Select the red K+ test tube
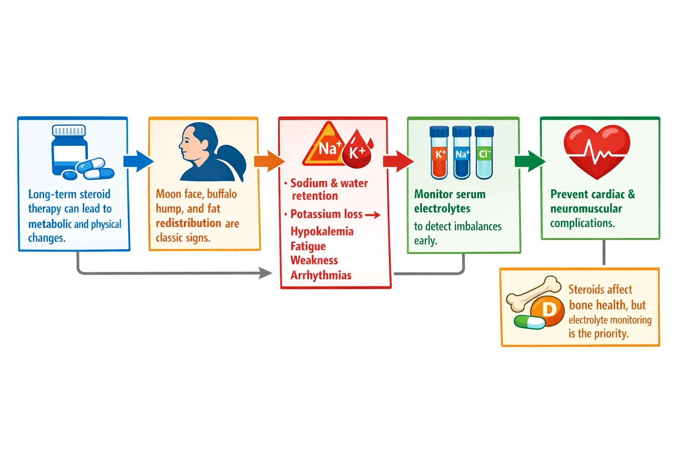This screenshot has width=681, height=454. (x=439, y=153)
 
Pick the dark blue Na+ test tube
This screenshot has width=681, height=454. (x=462, y=153)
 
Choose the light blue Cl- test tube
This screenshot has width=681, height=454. (x=484, y=153)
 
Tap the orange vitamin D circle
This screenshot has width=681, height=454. (x=548, y=310)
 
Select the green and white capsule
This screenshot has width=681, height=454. (x=529, y=322)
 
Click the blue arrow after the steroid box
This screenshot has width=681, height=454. (x=138, y=161)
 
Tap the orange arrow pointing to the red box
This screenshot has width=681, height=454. (x=269, y=161)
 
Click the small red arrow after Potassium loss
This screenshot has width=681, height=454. (x=372, y=215)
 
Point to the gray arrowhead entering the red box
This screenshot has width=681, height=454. (x=266, y=273)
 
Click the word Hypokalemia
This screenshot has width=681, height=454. (x=322, y=231)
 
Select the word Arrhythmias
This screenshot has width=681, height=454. (x=321, y=275)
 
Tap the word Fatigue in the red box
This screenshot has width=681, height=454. (x=308, y=246)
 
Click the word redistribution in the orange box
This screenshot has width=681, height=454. (x=188, y=223)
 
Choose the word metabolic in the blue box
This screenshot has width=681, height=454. (x=50, y=224)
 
